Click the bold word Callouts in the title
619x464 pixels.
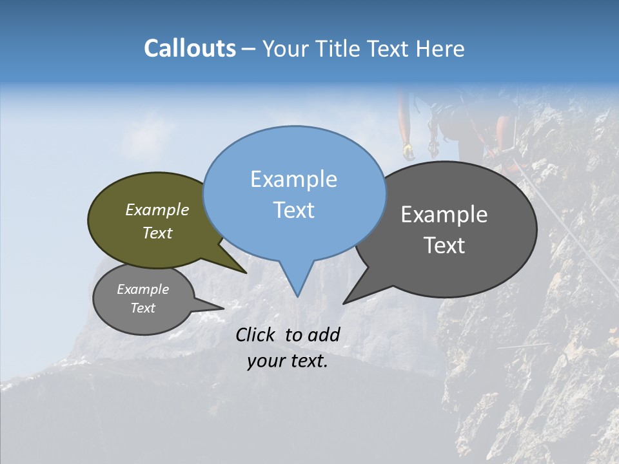coord(190,48)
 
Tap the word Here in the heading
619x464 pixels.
coord(441,48)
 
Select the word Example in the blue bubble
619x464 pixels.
coord(293,179)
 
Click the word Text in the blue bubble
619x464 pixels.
coord(293,210)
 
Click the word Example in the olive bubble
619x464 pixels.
coord(157,210)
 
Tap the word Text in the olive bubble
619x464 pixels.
coord(157,233)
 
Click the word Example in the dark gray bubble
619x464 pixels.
coord(444,215)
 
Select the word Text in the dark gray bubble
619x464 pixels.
coord(444,246)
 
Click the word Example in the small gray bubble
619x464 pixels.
coord(142,289)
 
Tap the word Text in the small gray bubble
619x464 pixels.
coord(142,308)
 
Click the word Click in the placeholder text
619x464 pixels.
coord(257,334)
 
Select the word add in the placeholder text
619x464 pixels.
coord(323,334)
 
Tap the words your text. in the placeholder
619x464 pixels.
coord(287,362)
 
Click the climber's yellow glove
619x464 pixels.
coord(408,151)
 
